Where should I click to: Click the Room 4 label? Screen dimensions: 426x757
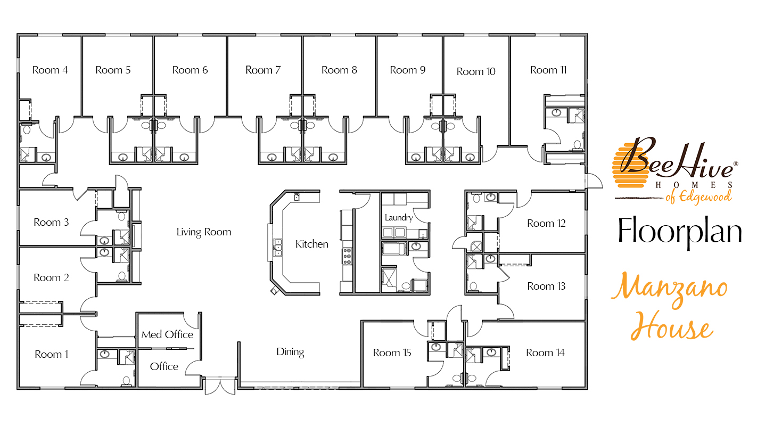tap(50, 70)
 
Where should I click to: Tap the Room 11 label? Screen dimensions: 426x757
tap(548, 70)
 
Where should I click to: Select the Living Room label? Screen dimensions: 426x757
tap(204, 232)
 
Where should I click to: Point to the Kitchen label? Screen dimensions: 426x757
tap(312, 244)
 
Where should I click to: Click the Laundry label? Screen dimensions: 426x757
tap(399, 217)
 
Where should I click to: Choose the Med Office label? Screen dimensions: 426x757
tap(167, 334)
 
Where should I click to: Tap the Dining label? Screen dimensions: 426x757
tap(290, 351)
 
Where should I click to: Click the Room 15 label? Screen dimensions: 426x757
tap(392, 353)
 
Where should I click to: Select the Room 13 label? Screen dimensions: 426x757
tap(546, 286)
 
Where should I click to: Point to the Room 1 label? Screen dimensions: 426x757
tap(52, 354)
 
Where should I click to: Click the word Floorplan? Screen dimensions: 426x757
tap(680, 232)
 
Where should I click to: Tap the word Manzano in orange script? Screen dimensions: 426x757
tap(669, 291)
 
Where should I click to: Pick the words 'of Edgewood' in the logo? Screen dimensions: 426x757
tap(698, 198)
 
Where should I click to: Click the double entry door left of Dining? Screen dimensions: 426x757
tap(220, 386)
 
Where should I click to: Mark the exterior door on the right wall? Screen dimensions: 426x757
tap(593, 181)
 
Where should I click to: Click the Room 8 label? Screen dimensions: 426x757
tap(339, 70)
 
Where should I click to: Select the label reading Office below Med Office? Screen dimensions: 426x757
tap(164, 366)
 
